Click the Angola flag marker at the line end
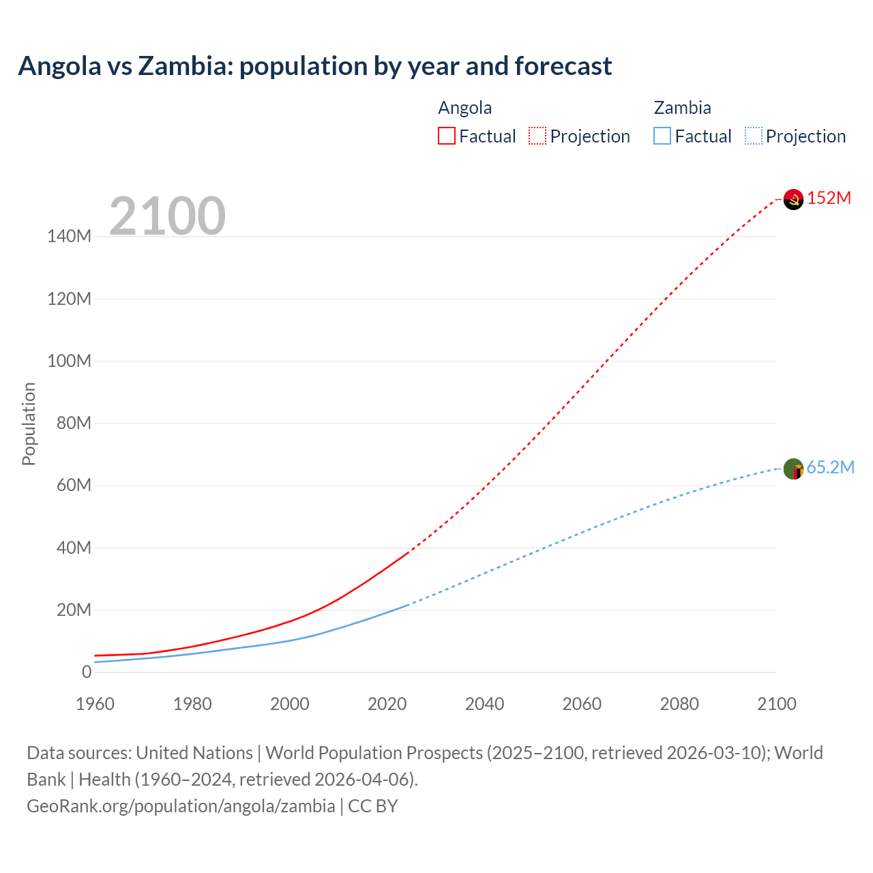pos(793,199)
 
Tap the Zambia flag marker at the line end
pos(793,469)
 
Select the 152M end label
pos(829,198)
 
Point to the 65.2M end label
pos(830,467)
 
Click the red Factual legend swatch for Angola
pos(446,136)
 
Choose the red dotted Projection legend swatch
pos(537,136)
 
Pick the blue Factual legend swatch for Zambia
pos(662,136)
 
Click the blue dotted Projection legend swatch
pos(754,136)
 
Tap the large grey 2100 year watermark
pos(167,216)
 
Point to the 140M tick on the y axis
pos(69,237)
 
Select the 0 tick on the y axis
pos(86,672)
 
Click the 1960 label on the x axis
pos(95,704)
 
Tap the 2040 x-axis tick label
pos(484,704)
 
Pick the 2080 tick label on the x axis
pos(679,704)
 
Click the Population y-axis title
pos(29,424)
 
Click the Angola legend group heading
pos(464,108)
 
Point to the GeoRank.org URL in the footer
pos(181,806)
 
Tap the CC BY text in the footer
pos(373,806)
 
